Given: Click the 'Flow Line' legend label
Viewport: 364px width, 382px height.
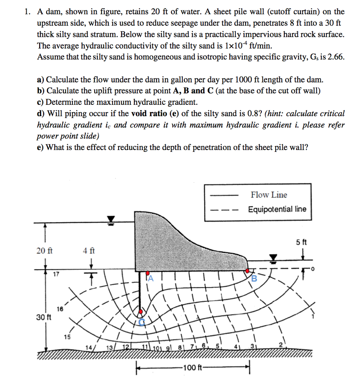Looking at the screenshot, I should pyautogui.click(x=269, y=195).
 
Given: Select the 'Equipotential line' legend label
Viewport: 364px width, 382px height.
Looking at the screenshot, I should pyautogui.click(x=277, y=209).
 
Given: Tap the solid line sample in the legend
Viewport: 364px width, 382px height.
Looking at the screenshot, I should pyautogui.click(x=223, y=195).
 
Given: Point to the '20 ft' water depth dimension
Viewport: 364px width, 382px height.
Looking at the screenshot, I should pyautogui.click(x=44, y=251).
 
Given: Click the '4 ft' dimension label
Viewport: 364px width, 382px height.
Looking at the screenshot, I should pyautogui.click(x=89, y=251).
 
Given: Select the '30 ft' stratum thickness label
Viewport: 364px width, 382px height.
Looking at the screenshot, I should pyautogui.click(x=44, y=317).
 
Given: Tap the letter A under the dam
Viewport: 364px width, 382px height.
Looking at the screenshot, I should pyautogui.click(x=150, y=278).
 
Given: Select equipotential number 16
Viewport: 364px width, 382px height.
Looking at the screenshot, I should pyautogui.click(x=60, y=309).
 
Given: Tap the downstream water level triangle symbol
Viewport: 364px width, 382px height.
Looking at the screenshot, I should pyautogui.click(x=274, y=257).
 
